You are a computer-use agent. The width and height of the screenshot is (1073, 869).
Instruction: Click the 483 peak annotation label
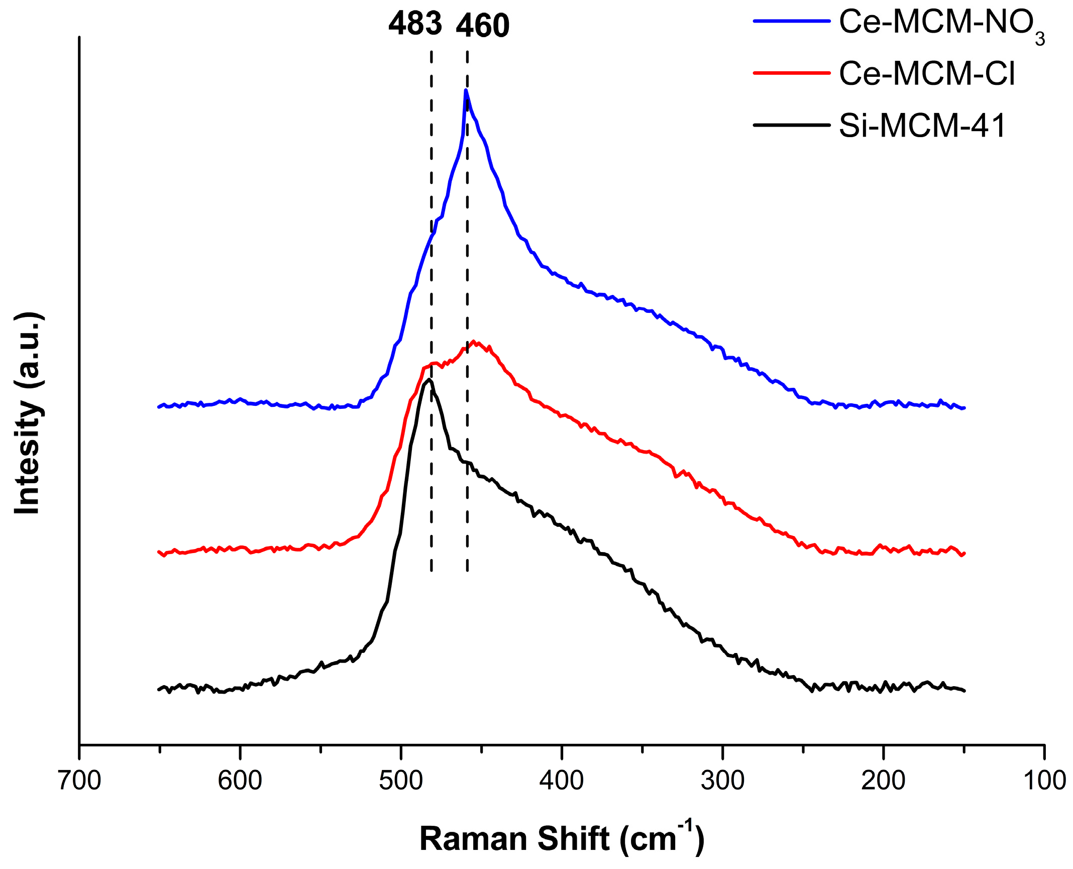point(415,24)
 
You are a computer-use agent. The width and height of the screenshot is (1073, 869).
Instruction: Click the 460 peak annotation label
point(482,26)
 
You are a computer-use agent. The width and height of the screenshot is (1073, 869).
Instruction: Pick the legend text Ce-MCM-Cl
point(927,74)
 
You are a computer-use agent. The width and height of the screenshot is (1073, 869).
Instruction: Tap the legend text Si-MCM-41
point(922,126)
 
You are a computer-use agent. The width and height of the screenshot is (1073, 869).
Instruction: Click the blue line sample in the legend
point(791,21)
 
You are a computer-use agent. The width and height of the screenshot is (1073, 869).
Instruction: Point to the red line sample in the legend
point(791,73)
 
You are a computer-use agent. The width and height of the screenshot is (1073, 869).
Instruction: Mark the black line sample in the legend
point(791,125)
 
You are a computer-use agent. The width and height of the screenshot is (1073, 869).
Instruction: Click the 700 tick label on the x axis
point(79,781)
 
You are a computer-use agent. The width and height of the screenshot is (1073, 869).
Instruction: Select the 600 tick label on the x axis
point(240,781)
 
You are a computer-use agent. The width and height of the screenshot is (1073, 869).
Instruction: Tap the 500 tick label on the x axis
point(401,781)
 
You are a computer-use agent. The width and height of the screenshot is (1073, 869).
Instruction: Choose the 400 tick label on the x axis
point(562,781)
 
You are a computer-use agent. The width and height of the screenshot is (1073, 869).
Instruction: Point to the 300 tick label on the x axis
point(722,781)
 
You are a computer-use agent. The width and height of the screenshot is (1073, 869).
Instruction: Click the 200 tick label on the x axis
point(883,781)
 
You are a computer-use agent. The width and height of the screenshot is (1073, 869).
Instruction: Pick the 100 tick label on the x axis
point(1044,781)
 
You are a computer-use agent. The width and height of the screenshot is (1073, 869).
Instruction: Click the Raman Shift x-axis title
point(562,838)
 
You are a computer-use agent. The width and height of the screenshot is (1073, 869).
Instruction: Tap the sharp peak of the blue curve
point(466,91)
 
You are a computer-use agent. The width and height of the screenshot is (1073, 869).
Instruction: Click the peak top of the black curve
point(429,380)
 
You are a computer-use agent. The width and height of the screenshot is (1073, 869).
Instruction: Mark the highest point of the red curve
point(474,342)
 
